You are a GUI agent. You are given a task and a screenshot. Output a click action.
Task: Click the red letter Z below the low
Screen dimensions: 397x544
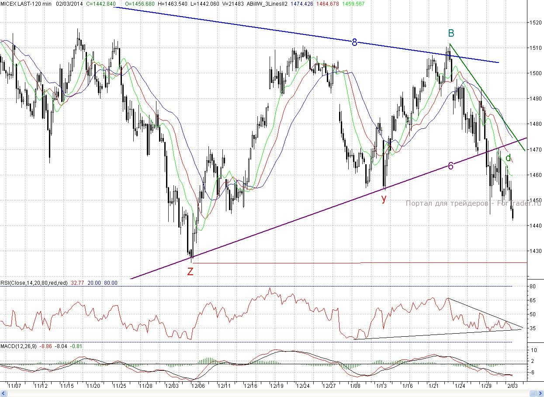(191, 271)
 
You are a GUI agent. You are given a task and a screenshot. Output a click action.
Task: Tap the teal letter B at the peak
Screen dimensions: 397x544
(451, 33)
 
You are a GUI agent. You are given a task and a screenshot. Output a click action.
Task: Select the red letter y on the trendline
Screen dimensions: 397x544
(384, 199)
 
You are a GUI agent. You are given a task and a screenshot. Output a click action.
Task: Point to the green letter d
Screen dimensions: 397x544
(508, 158)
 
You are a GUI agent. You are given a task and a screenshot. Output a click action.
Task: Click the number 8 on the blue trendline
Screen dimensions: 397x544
(354, 42)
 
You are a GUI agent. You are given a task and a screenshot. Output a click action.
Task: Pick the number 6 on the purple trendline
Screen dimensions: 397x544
(450, 166)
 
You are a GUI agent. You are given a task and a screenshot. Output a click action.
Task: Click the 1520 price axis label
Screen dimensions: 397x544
(535, 22)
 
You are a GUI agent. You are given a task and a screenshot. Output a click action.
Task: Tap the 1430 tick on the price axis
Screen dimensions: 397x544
(535, 251)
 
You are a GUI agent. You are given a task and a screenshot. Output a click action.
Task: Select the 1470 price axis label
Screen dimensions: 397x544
(535, 149)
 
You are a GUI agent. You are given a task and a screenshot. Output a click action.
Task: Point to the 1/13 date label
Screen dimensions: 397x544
(382, 386)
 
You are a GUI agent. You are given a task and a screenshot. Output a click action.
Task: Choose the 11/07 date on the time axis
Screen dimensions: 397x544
(15, 386)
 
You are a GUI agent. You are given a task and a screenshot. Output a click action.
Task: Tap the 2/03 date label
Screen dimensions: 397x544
(512, 386)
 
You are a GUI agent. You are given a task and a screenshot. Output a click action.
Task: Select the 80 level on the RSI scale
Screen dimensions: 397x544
(533, 287)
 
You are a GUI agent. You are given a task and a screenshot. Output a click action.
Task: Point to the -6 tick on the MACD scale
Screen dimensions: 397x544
(533, 372)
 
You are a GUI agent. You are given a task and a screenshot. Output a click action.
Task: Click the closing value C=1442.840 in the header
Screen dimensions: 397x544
(101, 3)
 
